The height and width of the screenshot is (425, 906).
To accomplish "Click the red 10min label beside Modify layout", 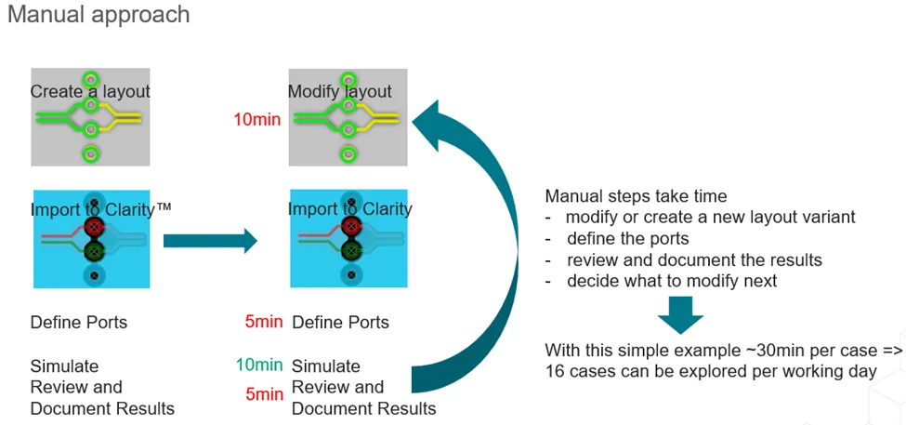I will point(256,119).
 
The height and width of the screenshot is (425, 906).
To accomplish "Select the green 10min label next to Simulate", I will point(259,365).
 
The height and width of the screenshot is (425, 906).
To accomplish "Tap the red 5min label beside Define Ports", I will point(264,323).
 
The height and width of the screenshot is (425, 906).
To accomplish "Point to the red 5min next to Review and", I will point(265,394).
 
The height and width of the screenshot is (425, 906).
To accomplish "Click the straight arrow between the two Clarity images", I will point(209,242).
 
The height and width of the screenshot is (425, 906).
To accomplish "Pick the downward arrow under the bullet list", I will point(683,316).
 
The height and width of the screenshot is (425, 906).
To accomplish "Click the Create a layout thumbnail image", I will point(90,117).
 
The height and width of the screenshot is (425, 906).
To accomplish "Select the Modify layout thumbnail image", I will point(348,117).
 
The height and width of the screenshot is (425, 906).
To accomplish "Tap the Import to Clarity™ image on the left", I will point(90,239).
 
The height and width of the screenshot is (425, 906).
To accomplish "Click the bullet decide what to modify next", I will point(672,281).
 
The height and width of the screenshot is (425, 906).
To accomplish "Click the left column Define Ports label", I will point(79,323).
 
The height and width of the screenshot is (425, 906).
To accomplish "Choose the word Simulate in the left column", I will point(64,365).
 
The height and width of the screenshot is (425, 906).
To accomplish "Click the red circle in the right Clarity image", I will point(351,226).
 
